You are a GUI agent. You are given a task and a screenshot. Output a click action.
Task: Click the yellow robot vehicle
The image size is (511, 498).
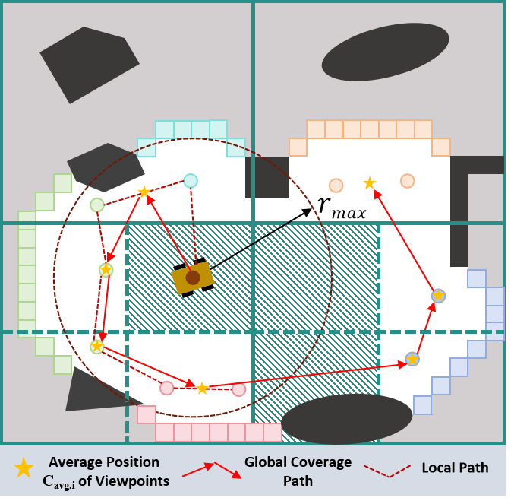click(x=193, y=278)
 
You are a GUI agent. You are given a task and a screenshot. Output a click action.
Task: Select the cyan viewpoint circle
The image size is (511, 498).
click(x=191, y=180)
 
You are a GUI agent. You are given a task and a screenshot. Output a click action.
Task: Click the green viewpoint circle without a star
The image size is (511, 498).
click(x=96, y=205)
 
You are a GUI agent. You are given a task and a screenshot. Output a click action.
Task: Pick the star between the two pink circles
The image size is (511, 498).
click(x=202, y=389)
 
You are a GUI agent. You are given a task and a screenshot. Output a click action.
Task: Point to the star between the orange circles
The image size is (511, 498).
click(x=369, y=182)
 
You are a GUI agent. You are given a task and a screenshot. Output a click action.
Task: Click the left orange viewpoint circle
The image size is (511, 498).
click(x=336, y=185)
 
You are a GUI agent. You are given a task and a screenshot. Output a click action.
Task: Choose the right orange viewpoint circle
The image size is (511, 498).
click(x=407, y=180)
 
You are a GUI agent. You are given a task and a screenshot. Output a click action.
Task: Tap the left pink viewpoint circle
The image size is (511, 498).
click(x=166, y=388)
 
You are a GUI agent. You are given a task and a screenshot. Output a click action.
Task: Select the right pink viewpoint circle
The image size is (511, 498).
click(x=238, y=389)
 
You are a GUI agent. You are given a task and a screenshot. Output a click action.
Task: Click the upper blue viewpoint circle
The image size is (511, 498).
click(x=438, y=295)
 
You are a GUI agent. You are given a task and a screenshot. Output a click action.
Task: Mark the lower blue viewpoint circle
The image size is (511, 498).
click(x=412, y=358)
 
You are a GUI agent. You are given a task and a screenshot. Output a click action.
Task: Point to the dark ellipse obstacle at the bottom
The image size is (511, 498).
click(x=346, y=419)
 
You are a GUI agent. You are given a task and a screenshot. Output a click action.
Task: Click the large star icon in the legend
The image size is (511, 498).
click(x=24, y=468)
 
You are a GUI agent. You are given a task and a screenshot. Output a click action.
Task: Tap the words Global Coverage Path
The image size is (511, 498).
click(x=298, y=471)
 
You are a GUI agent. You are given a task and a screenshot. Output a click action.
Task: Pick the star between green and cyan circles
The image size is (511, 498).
click(x=144, y=192)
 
